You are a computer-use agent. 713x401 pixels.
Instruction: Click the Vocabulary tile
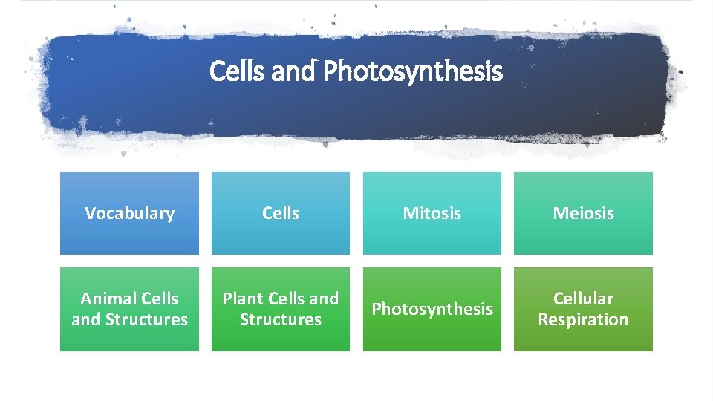click(x=129, y=213)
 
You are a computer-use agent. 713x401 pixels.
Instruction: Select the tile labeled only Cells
click(x=281, y=213)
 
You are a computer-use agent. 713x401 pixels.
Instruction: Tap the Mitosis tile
click(x=432, y=213)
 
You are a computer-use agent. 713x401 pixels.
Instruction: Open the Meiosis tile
click(x=583, y=213)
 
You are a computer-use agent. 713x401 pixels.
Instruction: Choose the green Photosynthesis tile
click(x=432, y=309)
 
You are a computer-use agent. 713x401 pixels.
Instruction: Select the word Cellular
click(x=583, y=299)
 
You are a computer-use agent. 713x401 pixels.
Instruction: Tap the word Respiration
click(x=583, y=320)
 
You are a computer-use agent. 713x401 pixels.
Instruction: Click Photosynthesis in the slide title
click(x=413, y=72)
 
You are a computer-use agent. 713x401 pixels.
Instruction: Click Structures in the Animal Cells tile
click(x=147, y=320)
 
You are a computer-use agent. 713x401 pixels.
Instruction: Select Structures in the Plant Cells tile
click(x=281, y=320)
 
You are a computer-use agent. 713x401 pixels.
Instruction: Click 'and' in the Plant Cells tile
click(x=324, y=299)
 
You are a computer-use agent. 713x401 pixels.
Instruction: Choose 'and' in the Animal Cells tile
click(x=85, y=320)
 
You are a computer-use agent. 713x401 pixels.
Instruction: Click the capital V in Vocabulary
click(x=90, y=213)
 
